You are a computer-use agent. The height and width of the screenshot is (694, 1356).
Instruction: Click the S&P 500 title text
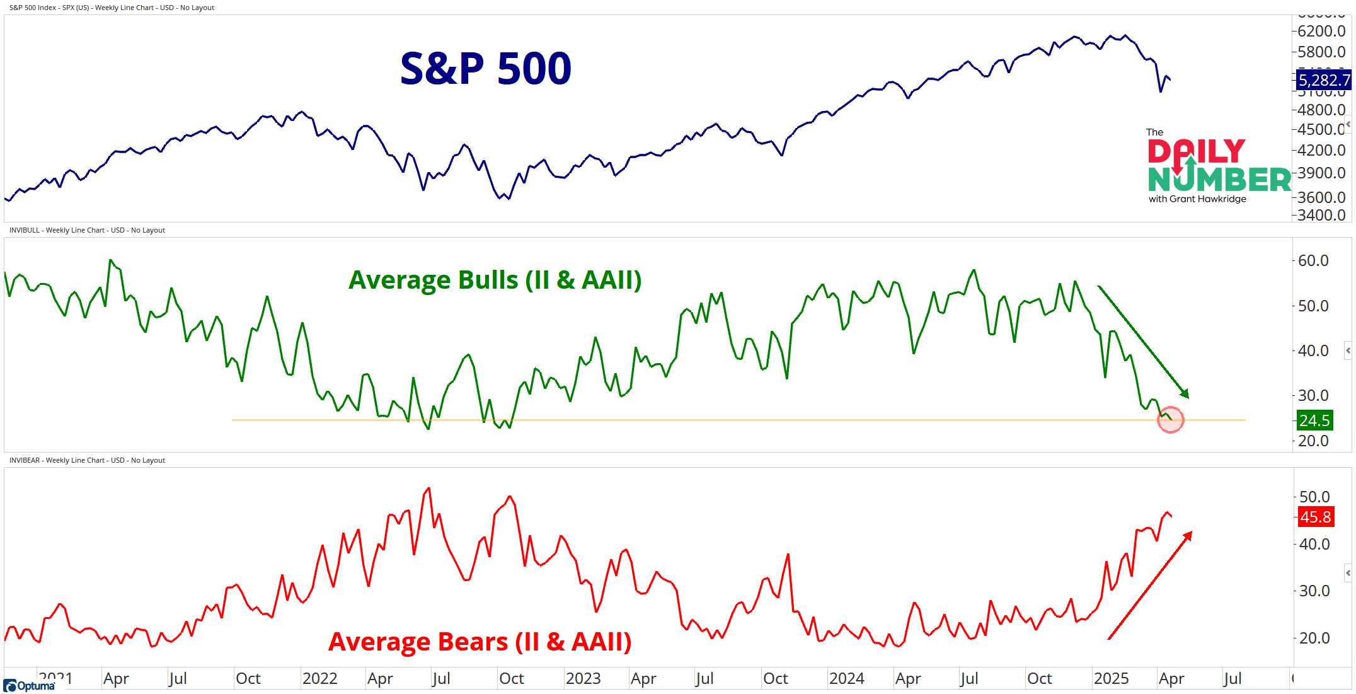(485, 69)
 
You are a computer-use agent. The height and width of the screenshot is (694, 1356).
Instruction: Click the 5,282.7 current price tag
(1324, 80)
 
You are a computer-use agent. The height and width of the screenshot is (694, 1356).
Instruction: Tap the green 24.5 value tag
(1314, 420)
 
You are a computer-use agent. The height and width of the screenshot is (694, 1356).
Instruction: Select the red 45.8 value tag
(1315, 517)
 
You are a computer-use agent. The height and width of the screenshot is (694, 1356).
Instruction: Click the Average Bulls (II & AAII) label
(495, 280)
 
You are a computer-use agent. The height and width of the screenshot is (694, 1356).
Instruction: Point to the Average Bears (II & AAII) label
(480, 642)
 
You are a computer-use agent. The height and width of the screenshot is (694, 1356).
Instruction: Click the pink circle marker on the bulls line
(1170, 420)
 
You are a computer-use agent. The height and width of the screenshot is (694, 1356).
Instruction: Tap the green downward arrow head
(1185, 394)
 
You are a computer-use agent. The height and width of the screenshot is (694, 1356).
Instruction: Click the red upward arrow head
(1188, 536)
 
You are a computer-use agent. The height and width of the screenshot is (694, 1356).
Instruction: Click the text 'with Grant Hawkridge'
(1197, 199)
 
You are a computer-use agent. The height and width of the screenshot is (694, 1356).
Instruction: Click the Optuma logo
(29, 686)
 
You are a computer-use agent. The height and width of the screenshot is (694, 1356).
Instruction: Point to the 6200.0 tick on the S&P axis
(1321, 31)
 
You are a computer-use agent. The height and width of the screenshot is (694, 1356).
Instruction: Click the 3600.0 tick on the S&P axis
(1321, 197)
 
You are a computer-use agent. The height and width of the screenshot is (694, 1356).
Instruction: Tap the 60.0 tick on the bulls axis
(1313, 260)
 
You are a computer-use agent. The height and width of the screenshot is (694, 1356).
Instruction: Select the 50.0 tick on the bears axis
(1314, 497)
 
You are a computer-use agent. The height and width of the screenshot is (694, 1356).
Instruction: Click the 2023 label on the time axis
(583, 678)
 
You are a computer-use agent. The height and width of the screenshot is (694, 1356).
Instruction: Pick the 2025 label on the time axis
(1111, 678)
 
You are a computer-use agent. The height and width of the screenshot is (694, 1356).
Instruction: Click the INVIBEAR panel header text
(87, 460)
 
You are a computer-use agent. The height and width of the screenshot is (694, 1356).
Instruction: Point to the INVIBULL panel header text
(87, 230)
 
